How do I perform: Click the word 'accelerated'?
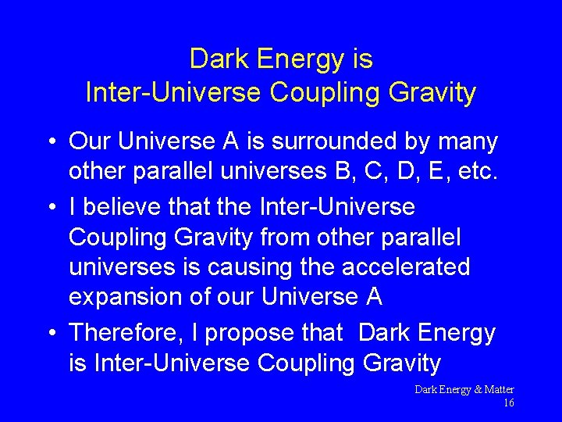pyautogui.click(x=408, y=266)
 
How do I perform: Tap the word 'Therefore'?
pyautogui.click(x=125, y=333)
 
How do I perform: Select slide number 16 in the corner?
pyautogui.click(x=508, y=403)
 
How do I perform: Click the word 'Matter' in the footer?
pyautogui.click(x=498, y=389)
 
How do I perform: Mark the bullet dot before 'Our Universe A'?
pyautogui.click(x=49, y=142)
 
